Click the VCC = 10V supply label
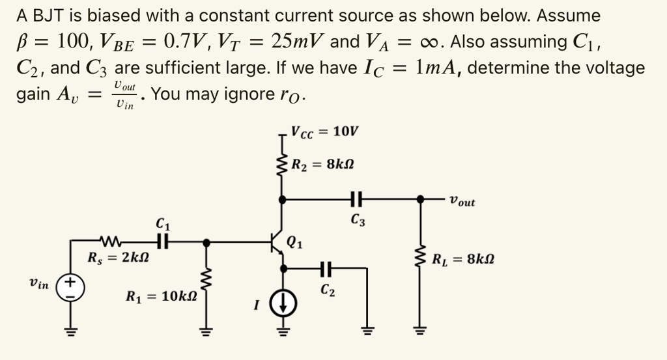coord(324,132)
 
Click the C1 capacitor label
coord(162,225)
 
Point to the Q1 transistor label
coord(294,245)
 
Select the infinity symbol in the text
coord(429,42)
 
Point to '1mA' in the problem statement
coord(439,68)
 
